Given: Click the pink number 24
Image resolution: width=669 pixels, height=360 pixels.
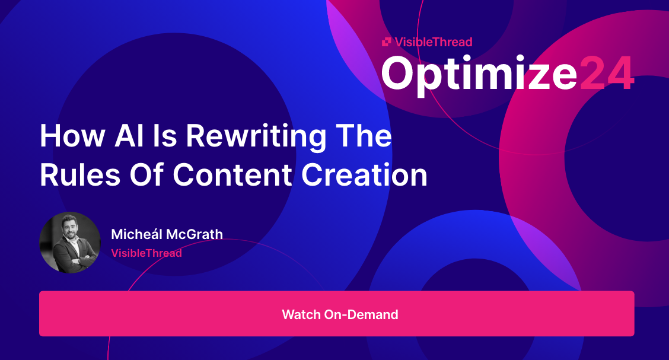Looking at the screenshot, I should [x=606, y=74].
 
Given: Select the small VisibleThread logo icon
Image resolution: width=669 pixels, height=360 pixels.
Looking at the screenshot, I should [x=386, y=42].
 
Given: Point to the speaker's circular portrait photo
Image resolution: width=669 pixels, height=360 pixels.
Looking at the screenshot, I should [x=70, y=243].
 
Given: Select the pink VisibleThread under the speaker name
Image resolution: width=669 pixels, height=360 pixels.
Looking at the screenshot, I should [x=146, y=253].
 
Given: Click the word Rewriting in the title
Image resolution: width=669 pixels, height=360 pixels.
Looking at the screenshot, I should [x=256, y=137].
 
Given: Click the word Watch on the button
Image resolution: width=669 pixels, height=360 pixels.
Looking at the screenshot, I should [x=301, y=314].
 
